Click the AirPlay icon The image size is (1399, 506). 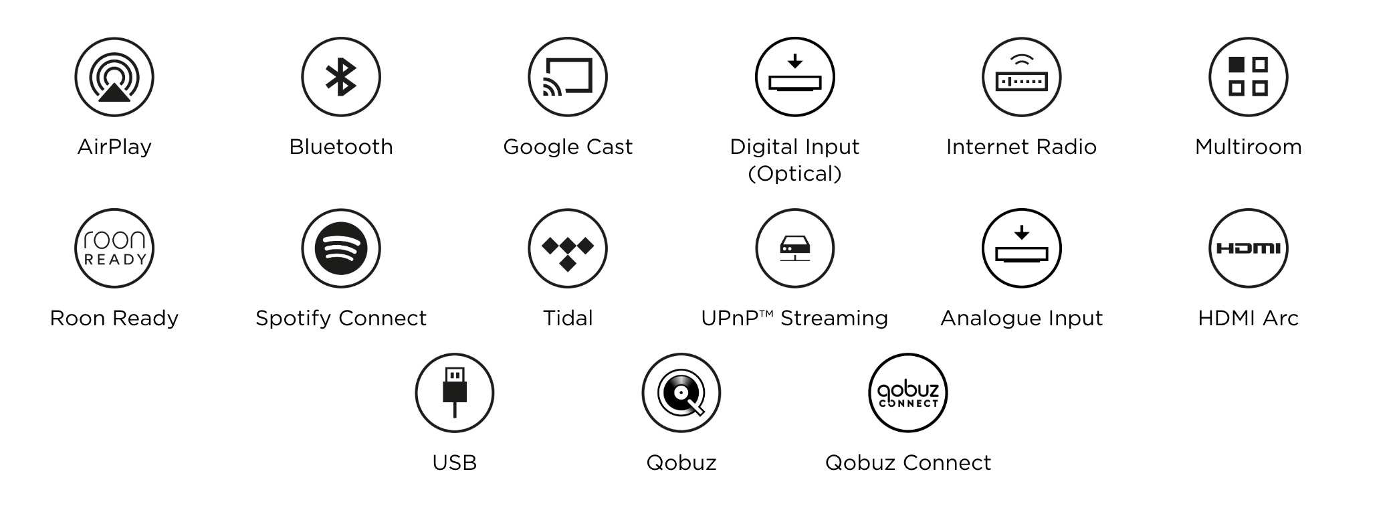[x=114, y=77]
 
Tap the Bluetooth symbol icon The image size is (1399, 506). [x=341, y=77]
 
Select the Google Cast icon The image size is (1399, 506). [x=568, y=77]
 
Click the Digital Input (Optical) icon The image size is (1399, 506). [x=794, y=77]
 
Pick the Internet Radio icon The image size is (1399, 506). [x=1021, y=77]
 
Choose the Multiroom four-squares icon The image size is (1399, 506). [x=1248, y=77]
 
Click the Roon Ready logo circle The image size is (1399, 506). [x=114, y=248]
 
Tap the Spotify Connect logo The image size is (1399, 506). [x=341, y=248]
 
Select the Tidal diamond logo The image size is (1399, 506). [x=568, y=248]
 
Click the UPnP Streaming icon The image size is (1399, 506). [x=794, y=248]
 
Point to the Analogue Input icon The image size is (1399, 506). [x=1021, y=248]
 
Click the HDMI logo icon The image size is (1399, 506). [x=1248, y=248]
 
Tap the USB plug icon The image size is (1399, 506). [x=455, y=393]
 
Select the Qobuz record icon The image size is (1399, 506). [x=681, y=393]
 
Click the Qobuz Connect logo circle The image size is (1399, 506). [x=908, y=393]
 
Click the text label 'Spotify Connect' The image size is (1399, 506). [x=341, y=318]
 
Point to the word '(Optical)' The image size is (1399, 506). [x=794, y=174]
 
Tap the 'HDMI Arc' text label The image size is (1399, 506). [x=1248, y=318]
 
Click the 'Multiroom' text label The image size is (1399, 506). [x=1248, y=147]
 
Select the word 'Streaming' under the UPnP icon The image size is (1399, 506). [x=834, y=318]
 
